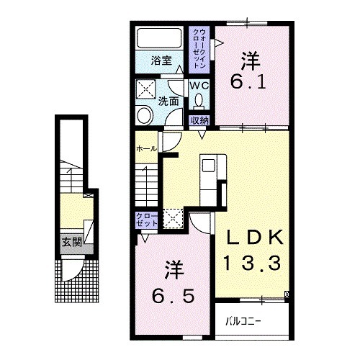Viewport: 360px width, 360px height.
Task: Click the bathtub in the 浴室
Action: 159,38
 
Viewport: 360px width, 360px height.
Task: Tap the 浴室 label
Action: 161,60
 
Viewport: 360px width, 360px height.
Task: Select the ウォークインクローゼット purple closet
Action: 199,50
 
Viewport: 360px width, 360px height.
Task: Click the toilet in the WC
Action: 199,102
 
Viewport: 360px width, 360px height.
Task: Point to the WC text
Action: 199,86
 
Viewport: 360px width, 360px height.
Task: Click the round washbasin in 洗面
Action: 145,116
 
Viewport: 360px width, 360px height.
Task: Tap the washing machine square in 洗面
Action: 146,89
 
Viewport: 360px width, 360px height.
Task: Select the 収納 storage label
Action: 199,120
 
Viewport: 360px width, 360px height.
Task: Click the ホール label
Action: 146,149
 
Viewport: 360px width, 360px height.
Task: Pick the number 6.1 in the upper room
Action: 248,83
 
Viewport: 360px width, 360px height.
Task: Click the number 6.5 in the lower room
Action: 173,296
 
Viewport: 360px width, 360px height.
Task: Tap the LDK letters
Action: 254,237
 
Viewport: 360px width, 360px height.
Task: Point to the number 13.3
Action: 252,263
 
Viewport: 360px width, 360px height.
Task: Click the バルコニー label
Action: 243,320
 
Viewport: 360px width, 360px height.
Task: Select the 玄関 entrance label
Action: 72,242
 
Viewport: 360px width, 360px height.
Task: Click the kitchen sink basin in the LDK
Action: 208,166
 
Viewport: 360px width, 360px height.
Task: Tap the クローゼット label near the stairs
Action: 147,220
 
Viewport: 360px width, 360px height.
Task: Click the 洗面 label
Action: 168,102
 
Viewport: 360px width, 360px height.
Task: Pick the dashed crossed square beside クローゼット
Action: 173,218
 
